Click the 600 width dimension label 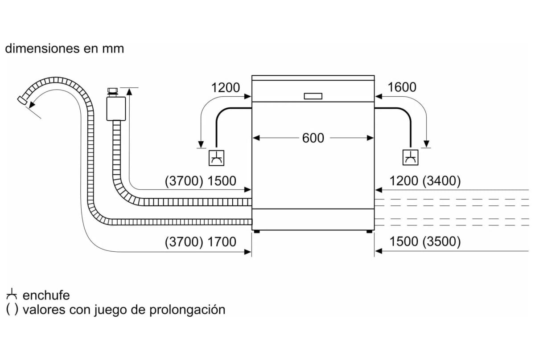coord(313,138)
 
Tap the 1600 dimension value coord(402,87)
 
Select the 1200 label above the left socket coord(226,87)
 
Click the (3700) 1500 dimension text coord(200,181)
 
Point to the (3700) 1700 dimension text coord(200,241)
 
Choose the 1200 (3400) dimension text coord(425,181)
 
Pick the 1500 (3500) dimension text coord(425,241)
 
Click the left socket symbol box coord(216,158)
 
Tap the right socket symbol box coord(410,157)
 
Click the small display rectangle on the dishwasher coord(313,96)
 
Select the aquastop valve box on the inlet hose coord(116,109)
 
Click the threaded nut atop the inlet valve coord(112,92)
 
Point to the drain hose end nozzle coord(22,100)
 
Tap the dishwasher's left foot coord(257,231)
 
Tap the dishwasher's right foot coord(369,231)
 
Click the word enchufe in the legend coord(46,295)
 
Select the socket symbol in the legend coord(11,294)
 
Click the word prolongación coord(187,310)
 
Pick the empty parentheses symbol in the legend coord(12,309)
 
